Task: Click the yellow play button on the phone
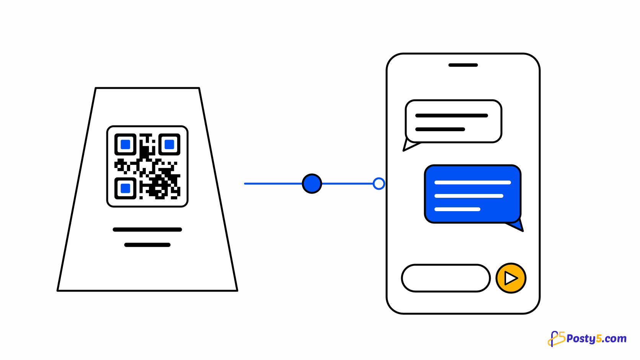511,278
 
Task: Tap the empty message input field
446,278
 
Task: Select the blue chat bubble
473,194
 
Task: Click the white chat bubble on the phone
454,121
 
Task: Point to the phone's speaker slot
463,65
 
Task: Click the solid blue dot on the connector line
312,184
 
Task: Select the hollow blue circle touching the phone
379,184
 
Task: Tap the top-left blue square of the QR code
126,145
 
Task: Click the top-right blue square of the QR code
170,145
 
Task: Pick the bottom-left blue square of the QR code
126,189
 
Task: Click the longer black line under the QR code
147,230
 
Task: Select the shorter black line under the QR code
147,245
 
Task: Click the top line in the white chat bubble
451,116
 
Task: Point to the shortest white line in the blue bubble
457,209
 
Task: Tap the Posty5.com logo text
596,339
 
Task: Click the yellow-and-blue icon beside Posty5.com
556,339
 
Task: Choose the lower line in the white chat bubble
440,129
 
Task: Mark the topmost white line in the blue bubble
473,182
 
